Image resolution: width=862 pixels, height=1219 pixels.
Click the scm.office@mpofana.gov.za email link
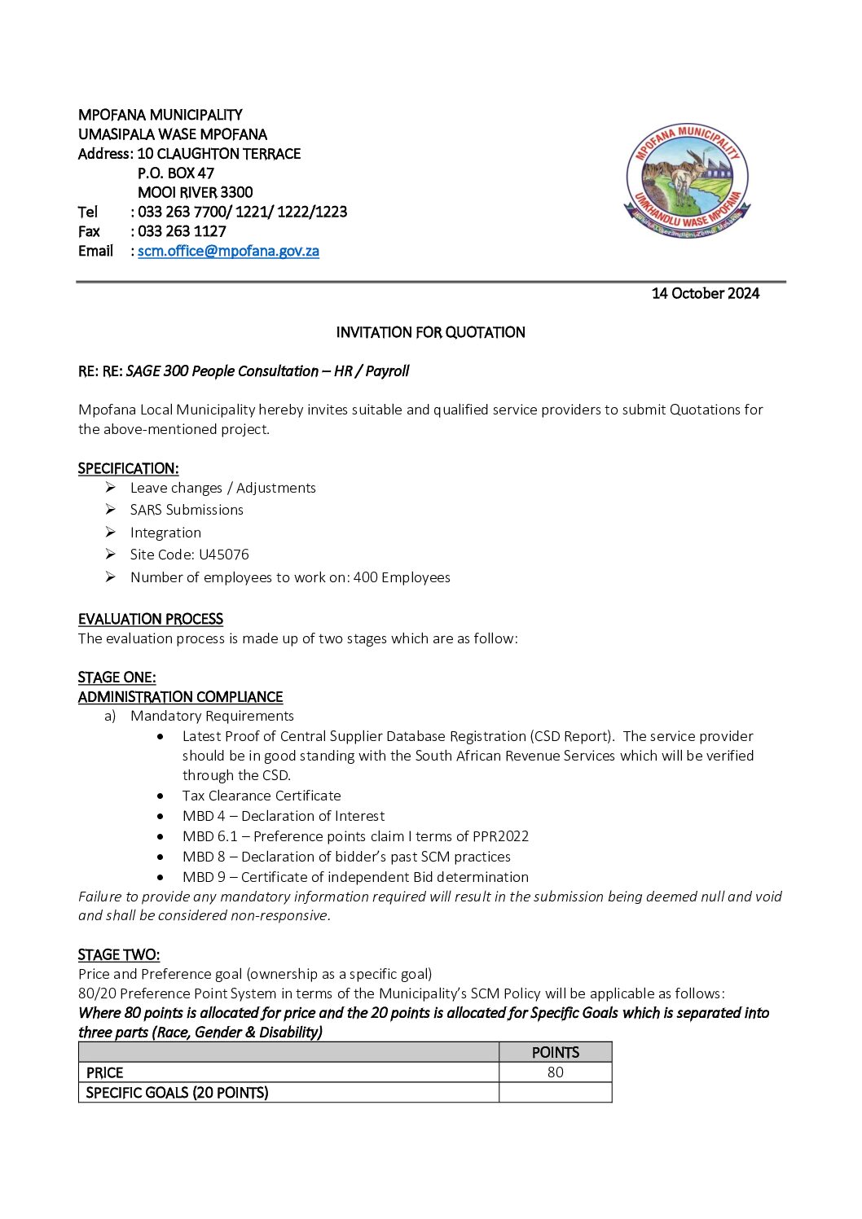pyautogui.click(x=228, y=251)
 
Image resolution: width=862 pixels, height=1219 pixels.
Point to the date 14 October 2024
pyautogui.click(x=705, y=293)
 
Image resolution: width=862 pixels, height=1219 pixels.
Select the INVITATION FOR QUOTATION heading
pyautogui.click(x=430, y=332)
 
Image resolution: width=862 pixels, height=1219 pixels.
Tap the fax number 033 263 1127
pyautogui.click(x=182, y=231)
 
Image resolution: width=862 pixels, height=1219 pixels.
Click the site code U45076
pyautogui.click(x=224, y=555)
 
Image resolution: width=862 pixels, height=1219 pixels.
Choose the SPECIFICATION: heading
pyautogui.click(x=128, y=468)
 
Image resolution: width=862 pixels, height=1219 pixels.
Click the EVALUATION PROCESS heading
pyautogui.click(x=150, y=619)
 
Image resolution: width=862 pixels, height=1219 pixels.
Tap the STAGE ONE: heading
pyautogui.click(x=117, y=677)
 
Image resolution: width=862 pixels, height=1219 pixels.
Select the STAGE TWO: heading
pyautogui.click(x=118, y=954)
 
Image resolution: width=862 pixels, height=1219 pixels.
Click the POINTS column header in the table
pyautogui.click(x=555, y=1052)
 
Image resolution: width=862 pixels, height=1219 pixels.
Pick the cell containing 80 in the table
pyautogui.click(x=555, y=1072)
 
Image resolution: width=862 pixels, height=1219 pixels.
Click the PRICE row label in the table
pyautogui.click(x=104, y=1073)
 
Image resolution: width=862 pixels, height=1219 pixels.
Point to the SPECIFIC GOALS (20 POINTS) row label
pyautogui.click(x=177, y=1093)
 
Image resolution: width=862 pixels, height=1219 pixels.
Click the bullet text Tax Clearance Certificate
pyautogui.click(x=262, y=796)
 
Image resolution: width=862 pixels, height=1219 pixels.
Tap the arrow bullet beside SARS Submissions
pyautogui.click(x=110, y=510)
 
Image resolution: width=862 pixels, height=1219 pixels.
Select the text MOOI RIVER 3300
pyautogui.click(x=195, y=192)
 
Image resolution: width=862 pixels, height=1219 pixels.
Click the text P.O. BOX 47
pyautogui.click(x=175, y=173)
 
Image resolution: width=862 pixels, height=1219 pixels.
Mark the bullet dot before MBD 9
pyautogui.click(x=161, y=877)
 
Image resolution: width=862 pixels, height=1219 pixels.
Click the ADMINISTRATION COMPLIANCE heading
pyautogui.click(x=180, y=697)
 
